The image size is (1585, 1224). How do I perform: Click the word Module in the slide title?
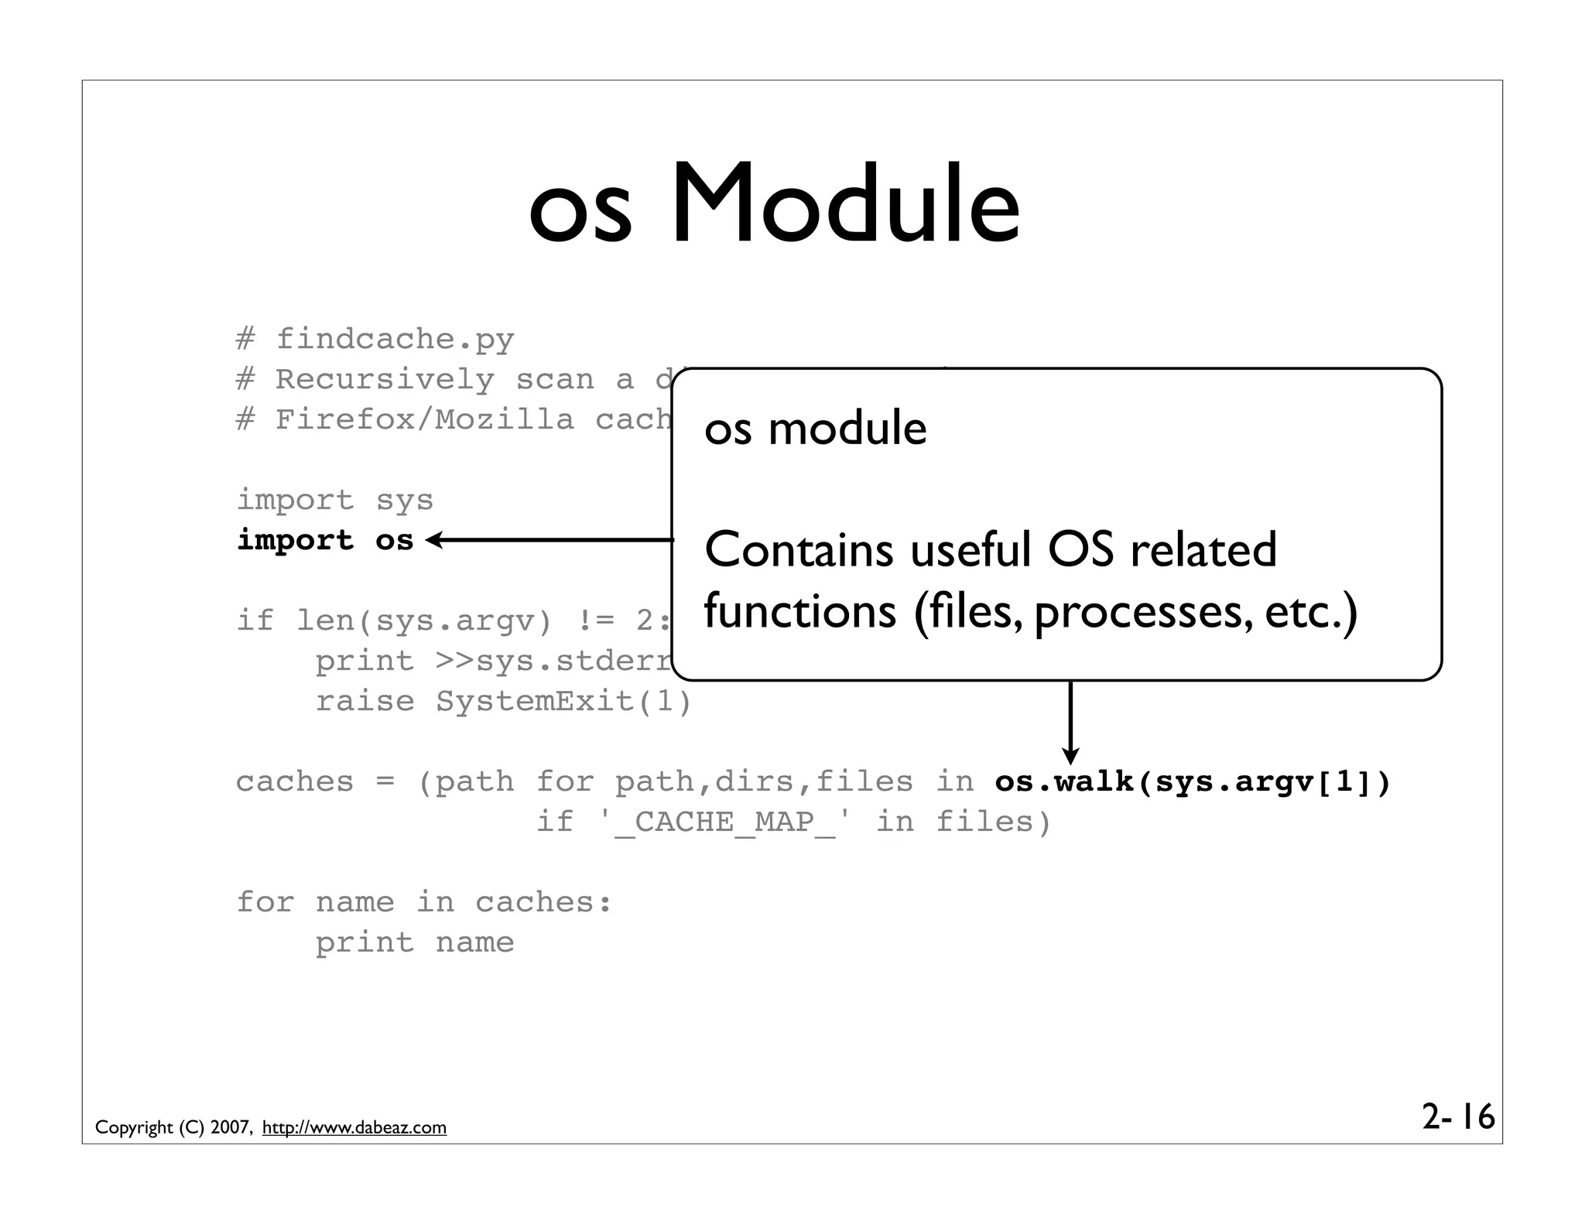(845, 205)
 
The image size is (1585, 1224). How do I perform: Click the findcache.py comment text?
(395, 339)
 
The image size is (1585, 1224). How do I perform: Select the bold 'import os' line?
(325, 540)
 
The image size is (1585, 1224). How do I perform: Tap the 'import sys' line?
(334, 500)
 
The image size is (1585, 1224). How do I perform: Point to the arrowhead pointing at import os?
(433, 540)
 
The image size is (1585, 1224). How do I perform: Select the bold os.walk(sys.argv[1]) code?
(1192, 782)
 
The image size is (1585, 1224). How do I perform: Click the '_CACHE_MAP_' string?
(725, 822)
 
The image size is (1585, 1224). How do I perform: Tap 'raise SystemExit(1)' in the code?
(503, 701)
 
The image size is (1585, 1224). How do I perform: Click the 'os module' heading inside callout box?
(815, 428)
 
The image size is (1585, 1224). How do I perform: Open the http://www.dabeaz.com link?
(354, 1127)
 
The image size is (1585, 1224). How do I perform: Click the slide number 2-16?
(1458, 1117)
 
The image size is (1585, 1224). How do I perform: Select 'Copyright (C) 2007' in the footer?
(172, 1127)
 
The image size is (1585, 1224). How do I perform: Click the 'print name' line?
(414, 942)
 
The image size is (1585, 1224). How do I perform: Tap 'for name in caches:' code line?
(423, 902)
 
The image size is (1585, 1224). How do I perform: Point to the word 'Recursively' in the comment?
(385, 379)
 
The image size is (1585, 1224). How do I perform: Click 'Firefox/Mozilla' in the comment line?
(425, 419)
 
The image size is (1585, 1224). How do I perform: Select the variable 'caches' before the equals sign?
(294, 782)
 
